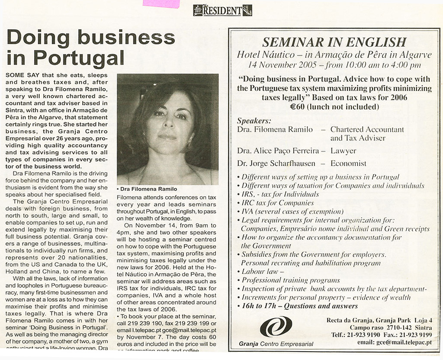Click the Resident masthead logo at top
point(222,10)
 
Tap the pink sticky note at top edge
point(161,3)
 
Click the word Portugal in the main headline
point(79,57)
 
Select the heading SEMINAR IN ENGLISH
point(334,42)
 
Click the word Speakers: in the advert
point(254,121)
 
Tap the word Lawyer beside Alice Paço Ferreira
point(343,151)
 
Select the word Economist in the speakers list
point(348,164)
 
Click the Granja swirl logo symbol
point(276,326)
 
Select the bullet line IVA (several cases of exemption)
point(292,211)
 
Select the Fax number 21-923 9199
point(415,335)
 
